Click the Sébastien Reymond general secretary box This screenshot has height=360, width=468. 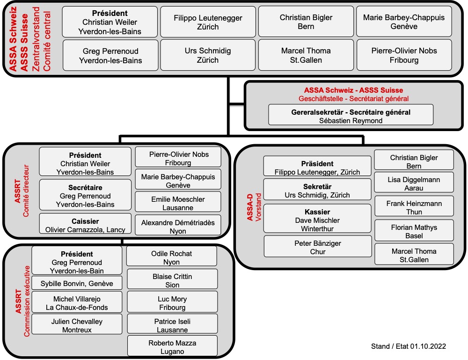[x=351, y=115]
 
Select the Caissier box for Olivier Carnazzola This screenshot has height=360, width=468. [x=85, y=224]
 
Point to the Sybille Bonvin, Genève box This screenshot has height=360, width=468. [x=77, y=283]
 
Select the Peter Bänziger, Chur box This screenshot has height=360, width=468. [x=318, y=246]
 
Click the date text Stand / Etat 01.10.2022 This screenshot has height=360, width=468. [x=408, y=346]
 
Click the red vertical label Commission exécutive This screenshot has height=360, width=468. [x=27, y=301]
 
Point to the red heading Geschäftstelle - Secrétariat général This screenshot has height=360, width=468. [x=354, y=99]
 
